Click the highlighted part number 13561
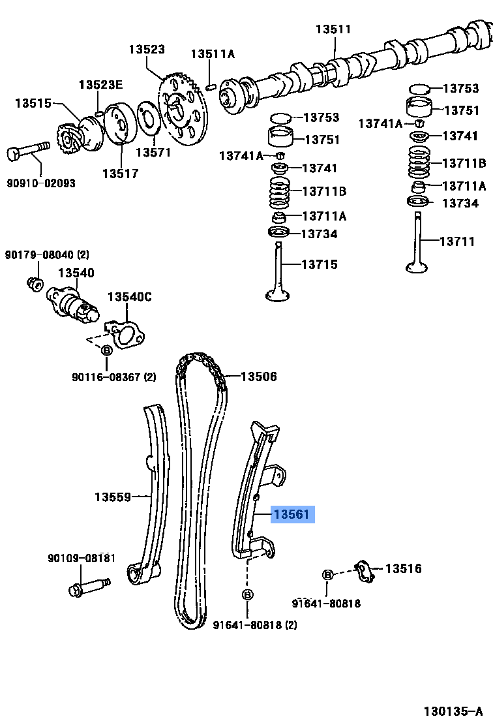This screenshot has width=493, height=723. click(x=291, y=515)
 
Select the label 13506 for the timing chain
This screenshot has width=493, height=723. click(x=258, y=377)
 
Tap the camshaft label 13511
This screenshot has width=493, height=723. click(x=333, y=29)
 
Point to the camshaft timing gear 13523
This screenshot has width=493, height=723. click(x=183, y=108)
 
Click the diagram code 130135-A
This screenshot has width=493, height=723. click(x=453, y=711)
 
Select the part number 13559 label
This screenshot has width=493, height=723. click(x=113, y=497)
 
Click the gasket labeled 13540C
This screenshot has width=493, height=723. click(x=128, y=333)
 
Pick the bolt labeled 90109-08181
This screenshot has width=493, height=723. click(x=85, y=587)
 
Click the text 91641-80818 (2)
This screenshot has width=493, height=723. click(x=255, y=624)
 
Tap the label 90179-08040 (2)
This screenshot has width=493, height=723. click(x=47, y=254)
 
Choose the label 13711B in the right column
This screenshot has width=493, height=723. click(x=464, y=163)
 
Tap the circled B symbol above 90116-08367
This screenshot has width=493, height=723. click(x=108, y=351)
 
